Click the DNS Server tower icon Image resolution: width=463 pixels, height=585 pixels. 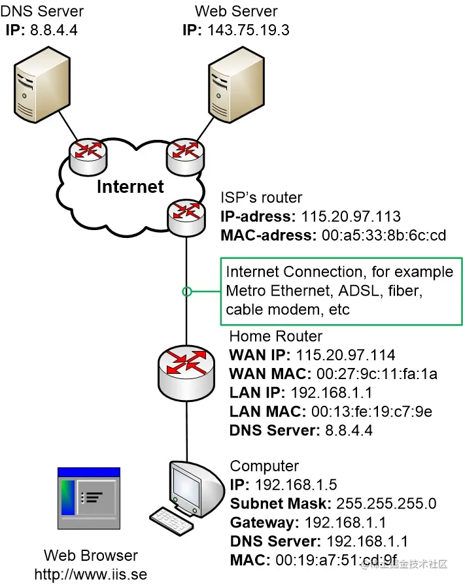click(42, 85)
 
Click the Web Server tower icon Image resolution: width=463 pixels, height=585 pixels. click(236, 85)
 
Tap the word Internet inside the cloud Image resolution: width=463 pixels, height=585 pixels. click(130, 186)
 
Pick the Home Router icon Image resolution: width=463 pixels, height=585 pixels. click(186, 373)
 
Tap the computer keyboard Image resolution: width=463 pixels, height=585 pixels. click(171, 521)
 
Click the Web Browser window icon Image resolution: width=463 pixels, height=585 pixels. click(89, 498)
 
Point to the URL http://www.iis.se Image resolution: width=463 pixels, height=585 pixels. click(91, 575)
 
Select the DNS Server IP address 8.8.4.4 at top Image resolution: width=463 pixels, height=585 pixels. click(54, 30)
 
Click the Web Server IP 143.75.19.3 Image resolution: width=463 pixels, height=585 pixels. click(249, 30)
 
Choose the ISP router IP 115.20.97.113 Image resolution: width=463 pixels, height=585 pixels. click(351, 216)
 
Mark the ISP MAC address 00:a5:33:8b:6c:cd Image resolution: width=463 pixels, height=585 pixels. click(384, 235)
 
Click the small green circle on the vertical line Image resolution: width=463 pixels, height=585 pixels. click(186, 292)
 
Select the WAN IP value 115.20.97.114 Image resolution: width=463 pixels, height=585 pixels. click(345, 355)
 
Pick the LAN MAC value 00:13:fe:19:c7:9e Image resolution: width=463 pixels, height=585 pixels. click(371, 412)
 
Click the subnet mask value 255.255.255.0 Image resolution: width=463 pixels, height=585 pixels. click(386, 504)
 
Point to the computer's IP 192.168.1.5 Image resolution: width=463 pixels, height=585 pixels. click(296, 485)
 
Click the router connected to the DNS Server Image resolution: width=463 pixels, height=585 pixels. click(88, 157)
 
